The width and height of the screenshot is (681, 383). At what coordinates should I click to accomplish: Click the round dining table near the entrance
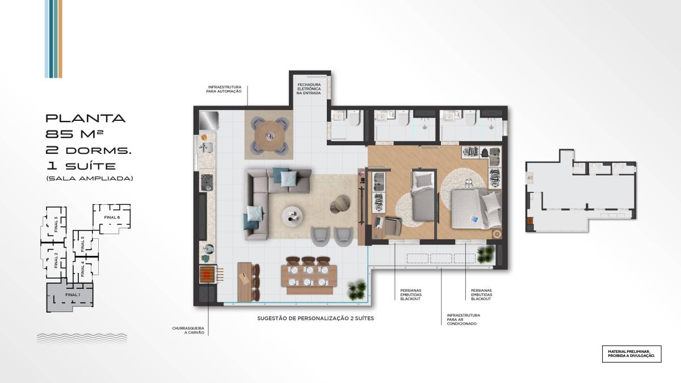[x=269, y=135]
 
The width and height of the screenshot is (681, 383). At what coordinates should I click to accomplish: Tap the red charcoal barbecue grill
[x=208, y=275]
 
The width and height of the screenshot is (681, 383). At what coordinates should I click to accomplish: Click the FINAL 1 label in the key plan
[x=73, y=294]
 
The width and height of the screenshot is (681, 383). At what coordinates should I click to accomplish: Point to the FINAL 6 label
[x=112, y=217]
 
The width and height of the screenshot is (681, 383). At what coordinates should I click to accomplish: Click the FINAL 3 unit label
[x=56, y=224]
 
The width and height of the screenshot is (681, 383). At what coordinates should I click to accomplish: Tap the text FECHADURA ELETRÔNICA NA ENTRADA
[x=309, y=89]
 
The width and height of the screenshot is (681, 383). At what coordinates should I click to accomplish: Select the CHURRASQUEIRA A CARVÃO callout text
[x=188, y=330]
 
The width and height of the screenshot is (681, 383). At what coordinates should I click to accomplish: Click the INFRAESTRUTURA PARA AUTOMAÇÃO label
[x=224, y=89]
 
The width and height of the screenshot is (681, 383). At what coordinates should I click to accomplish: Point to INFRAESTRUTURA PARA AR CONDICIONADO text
[x=463, y=319]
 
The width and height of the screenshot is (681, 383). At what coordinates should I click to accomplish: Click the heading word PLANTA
[x=86, y=118]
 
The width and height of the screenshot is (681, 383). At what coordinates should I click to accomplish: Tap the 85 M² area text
[x=74, y=134]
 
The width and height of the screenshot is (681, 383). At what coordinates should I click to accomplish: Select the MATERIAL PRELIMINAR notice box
[x=632, y=354]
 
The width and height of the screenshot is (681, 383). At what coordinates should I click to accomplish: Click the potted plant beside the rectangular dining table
[x=357, y=291]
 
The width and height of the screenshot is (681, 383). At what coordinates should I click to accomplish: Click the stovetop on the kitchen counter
[x=207, y=182]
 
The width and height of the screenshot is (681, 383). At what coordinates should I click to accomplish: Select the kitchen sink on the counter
[x=207, y=148]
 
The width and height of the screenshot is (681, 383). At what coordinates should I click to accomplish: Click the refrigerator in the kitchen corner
[x=209, y=120]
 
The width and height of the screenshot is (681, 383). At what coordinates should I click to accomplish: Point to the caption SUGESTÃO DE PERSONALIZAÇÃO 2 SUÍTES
[x=316, y=318]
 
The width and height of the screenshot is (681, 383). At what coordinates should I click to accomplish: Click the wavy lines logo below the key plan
[x=82, y=338]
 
